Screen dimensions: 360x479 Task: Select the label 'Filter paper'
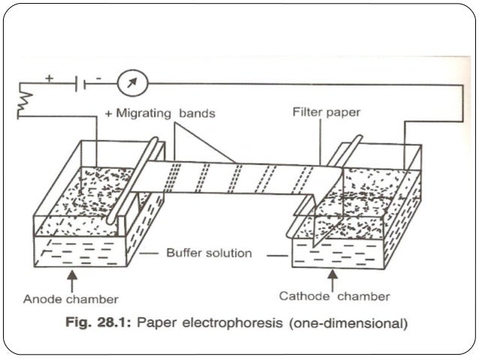327,112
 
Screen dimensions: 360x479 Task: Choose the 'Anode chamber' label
71,298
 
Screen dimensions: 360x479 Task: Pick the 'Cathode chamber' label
335,296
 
